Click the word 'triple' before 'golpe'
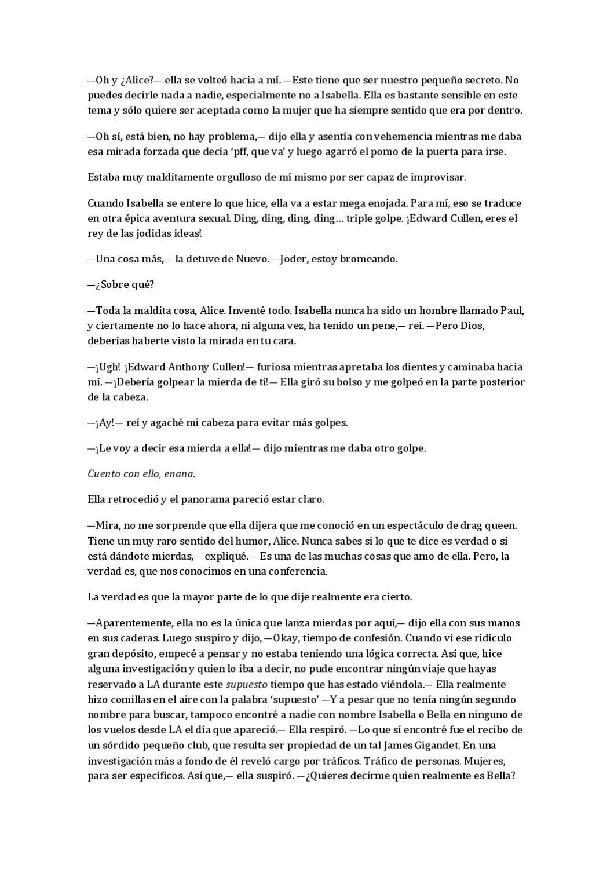(361, 218)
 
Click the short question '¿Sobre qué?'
(120, 284)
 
